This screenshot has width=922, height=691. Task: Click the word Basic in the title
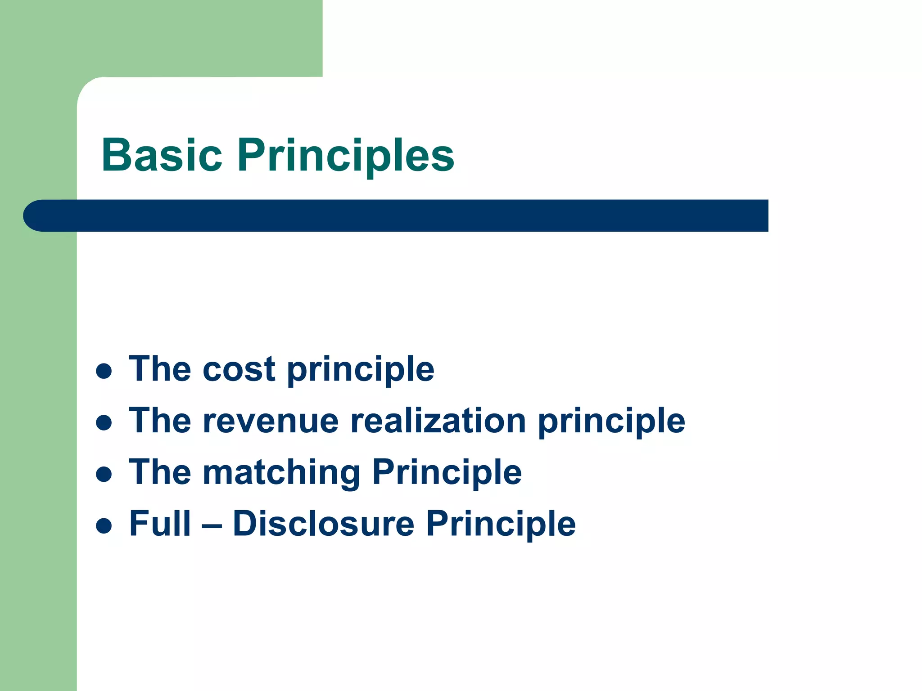162,155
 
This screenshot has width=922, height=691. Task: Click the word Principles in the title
346,155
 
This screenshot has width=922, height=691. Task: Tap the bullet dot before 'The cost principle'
104,372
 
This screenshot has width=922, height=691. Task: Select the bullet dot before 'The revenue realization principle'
104,423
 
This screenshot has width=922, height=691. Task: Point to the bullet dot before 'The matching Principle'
104,474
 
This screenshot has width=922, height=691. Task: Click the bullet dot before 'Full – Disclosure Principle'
104,525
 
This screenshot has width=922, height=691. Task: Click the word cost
239,369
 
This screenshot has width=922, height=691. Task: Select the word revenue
271,421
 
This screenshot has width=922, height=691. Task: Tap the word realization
438,421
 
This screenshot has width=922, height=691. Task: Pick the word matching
282,472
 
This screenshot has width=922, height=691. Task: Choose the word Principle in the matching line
447,472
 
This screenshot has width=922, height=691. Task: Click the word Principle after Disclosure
501,524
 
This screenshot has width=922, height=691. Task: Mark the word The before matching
160,472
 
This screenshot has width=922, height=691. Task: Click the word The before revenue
160,421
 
